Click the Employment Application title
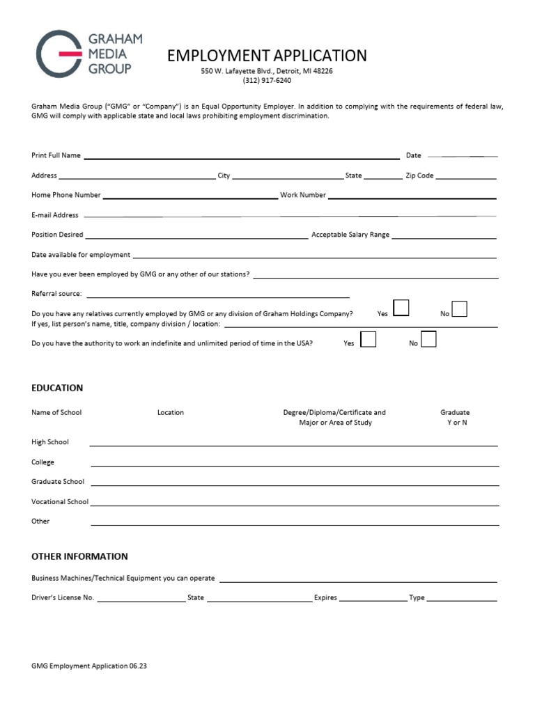267,56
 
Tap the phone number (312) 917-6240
267,80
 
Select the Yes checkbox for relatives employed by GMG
401,308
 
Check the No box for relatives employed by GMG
459,308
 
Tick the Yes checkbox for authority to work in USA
368,339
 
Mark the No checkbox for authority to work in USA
429,339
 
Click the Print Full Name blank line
241,157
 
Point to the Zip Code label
419,175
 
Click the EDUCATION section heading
57,388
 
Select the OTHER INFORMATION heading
79,556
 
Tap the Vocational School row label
60,501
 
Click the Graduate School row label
58,481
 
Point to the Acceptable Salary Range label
350,235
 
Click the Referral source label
56,294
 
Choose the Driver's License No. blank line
141,599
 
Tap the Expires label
325,597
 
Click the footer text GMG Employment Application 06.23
89,666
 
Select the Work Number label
302,195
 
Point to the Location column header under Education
171,412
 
